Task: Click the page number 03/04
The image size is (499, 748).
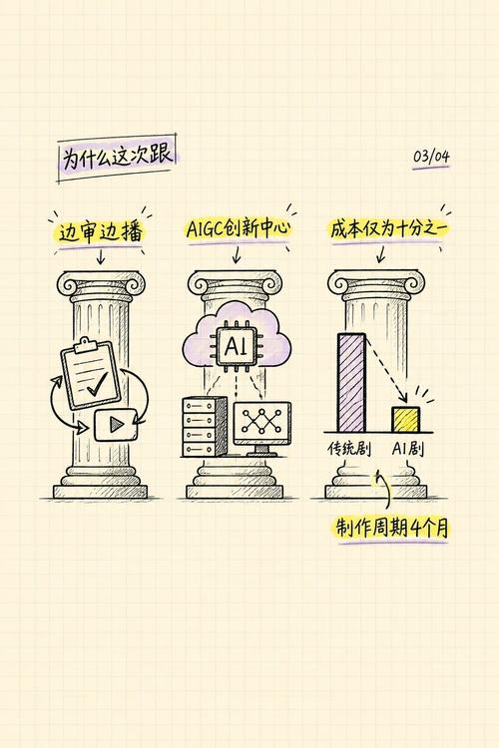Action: click(x=431, y=156)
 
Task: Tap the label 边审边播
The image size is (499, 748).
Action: click(x=101, y=232)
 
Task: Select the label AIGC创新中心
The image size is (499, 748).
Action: click(x=238, y=228)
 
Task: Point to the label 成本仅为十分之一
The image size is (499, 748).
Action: click(x=388, y=229)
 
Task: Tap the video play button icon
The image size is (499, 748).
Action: click(x=116, y=425)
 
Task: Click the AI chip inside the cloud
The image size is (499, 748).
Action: click(x=237, y=345)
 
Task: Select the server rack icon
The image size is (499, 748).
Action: click(x=204, y=427)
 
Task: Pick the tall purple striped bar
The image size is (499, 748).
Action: click(x=351, y=383)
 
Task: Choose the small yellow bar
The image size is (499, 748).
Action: click(x=405, y=419)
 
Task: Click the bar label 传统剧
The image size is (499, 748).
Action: click(x=349, y=449)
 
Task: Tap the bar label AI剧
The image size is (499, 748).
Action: click(x=408, y=449)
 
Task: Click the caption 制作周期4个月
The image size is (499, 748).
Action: click(x=391, y=528)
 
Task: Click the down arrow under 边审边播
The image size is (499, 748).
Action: click(x=100, y=255)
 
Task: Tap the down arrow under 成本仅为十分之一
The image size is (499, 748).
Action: click(x=380, y=253)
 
